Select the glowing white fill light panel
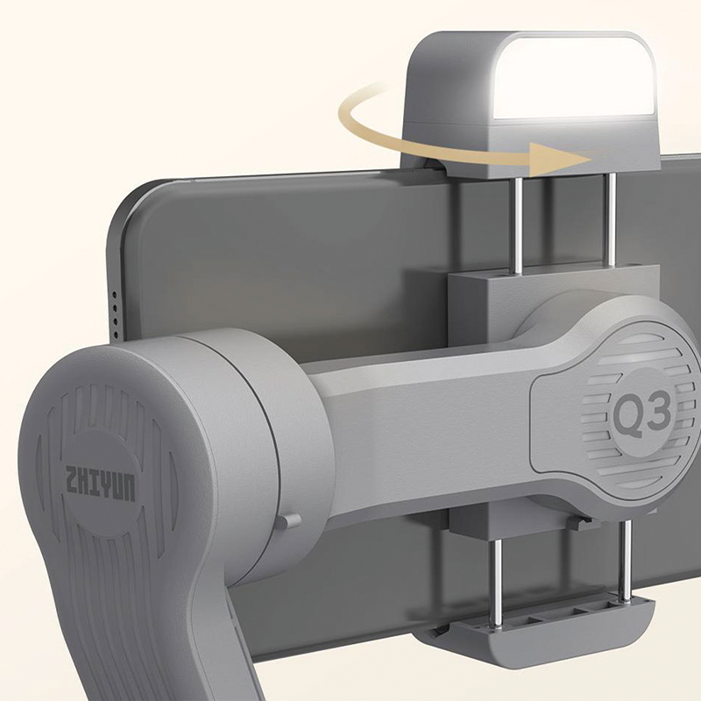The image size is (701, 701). pos(574,78)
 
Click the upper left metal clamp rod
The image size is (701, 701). pos(518,223)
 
